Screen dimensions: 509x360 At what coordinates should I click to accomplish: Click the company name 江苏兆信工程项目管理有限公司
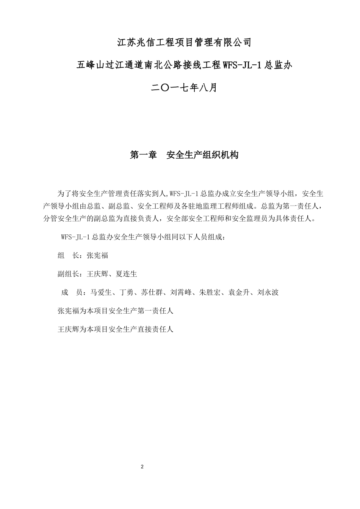184,42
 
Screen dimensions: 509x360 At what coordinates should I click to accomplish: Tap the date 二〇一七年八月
184,88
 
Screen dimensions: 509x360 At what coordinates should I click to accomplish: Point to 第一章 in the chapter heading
144,155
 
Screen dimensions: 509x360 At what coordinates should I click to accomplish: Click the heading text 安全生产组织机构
202,155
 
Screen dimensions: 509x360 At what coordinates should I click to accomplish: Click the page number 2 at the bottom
142,467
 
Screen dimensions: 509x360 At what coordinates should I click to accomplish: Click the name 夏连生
127,274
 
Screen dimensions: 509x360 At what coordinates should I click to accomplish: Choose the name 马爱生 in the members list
101,292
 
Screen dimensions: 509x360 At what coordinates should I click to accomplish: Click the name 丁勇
127,292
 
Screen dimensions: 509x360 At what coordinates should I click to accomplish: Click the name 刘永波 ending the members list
268,292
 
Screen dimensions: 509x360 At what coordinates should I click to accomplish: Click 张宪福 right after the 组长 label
97,256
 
